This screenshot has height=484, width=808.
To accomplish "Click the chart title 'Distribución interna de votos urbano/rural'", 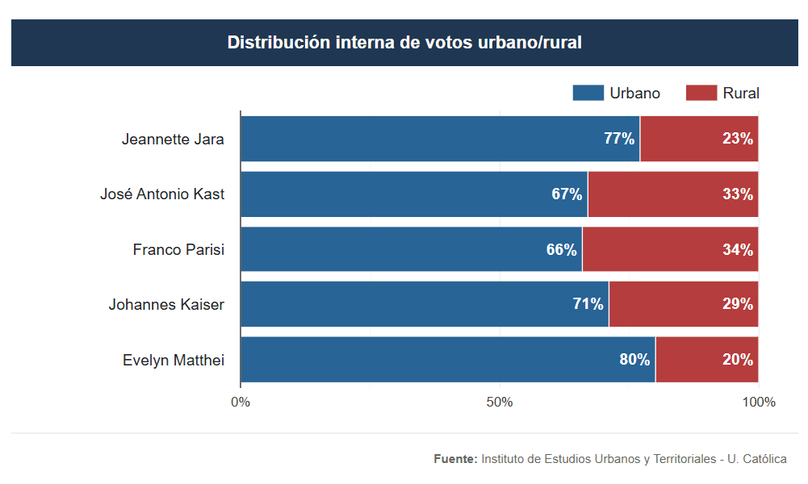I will click(404, 43).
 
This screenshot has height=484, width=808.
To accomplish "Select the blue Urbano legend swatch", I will click(588, 93).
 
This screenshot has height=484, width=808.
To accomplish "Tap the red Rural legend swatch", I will click(701, 93).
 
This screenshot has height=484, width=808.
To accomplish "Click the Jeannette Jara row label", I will click(173, 139).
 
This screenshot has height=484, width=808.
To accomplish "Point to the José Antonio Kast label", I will click(162, 194).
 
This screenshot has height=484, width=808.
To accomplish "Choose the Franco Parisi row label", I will click(178, 250).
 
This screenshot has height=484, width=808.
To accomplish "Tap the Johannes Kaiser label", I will click(166, 305).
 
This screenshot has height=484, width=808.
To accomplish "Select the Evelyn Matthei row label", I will click(174, 361).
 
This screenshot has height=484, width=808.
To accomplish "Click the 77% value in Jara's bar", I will click(619, 139).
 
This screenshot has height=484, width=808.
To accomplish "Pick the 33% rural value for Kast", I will click(738, 194).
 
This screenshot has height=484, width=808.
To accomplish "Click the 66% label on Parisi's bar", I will click(562, 250).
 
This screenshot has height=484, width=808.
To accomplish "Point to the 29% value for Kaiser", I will click(738, 305).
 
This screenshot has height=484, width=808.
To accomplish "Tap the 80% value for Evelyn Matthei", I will click(634, 361).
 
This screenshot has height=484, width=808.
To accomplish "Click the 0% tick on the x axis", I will click(241, 403).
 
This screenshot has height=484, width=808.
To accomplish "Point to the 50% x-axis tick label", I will click(500, 403).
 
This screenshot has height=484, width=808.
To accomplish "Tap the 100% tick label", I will click(758, 403).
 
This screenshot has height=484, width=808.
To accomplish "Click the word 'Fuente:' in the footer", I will click(455, 459).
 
